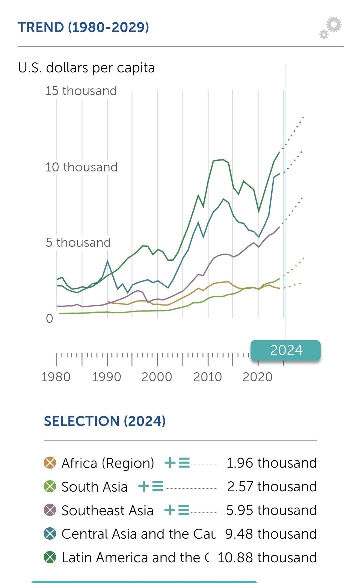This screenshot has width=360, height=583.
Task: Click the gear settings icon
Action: pos(331,28)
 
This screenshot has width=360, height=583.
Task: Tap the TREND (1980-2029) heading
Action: pos(83,27)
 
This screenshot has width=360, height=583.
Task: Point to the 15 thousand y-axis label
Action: pos(81,91)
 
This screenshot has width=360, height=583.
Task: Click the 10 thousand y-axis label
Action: pos(81,167)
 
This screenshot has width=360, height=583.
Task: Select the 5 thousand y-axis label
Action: pos(78,242)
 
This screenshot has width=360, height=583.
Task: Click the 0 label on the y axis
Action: pos(49,319)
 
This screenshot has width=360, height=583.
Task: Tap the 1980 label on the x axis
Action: pos(56,377)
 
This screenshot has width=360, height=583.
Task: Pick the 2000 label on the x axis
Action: pos(157,377)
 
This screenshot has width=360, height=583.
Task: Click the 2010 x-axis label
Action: pos(208,377)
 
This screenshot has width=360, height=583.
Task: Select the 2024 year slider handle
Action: pos(286,350)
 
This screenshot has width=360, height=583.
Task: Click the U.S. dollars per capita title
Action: pos(86,68)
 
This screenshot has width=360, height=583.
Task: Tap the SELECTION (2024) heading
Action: pos(105,421)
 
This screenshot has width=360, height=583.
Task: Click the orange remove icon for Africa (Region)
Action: pos(50,463)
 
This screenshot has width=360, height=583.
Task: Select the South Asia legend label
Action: pos(94,487)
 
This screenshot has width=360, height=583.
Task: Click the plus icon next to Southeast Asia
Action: pos(170,510)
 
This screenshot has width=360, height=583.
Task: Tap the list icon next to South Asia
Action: pos(158,486)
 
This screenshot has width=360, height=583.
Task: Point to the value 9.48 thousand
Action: pos(271,534)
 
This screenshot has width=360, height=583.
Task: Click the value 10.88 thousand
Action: pos(267,557)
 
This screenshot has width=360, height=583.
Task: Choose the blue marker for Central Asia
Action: pos(50,534)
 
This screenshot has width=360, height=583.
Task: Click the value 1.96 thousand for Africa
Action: pos(271,463)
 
